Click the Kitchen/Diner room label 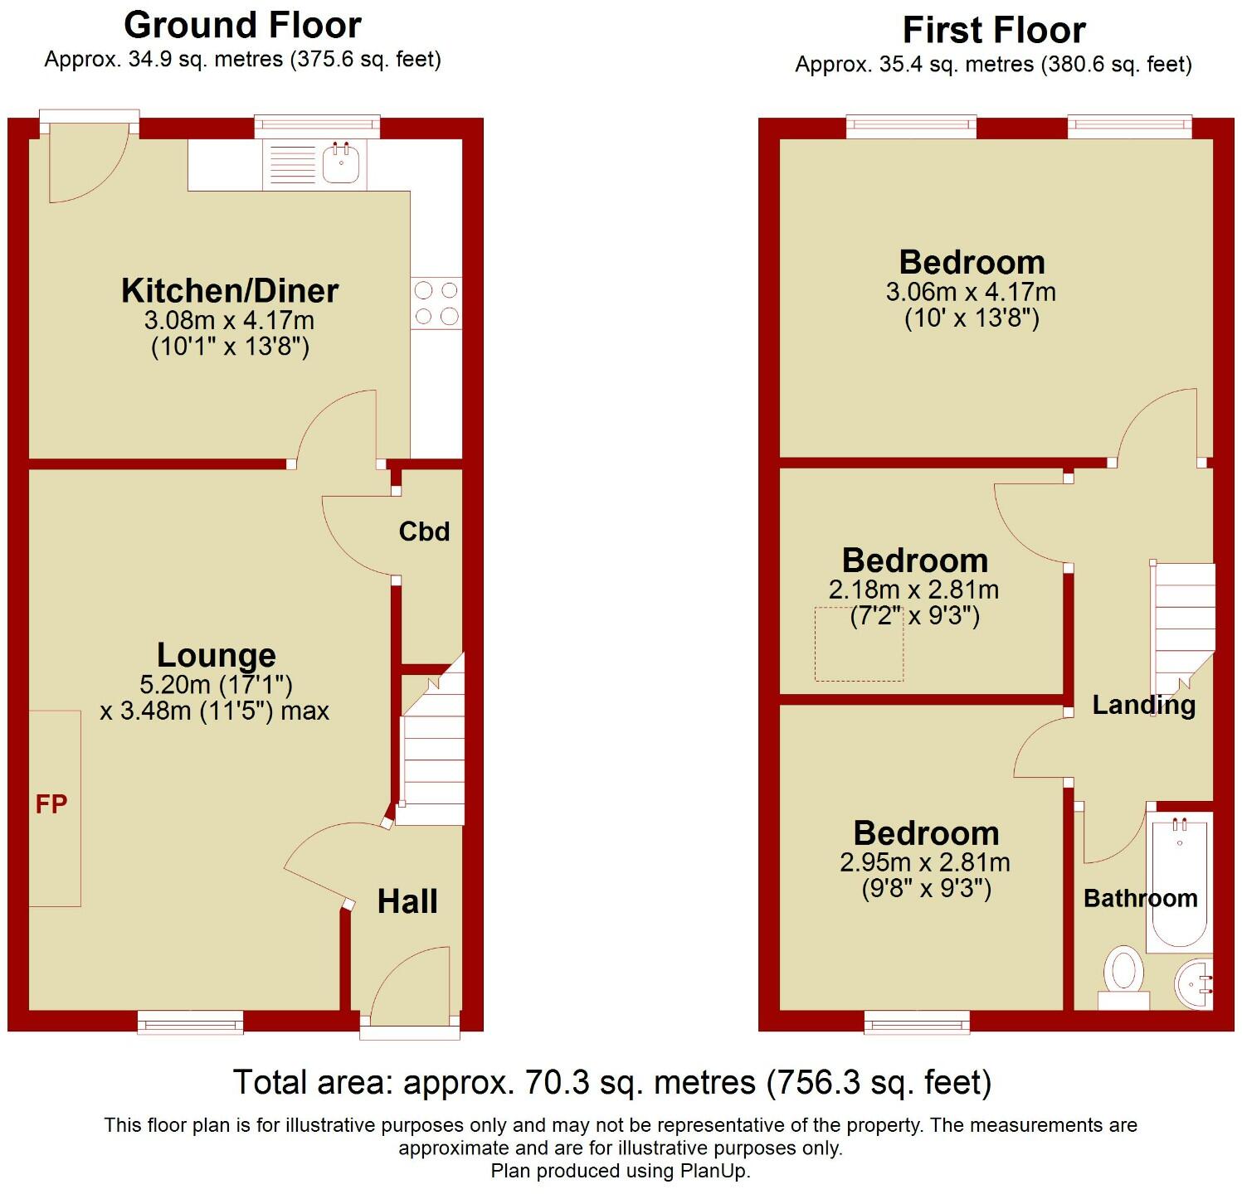point(230,291)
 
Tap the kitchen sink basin point(340,163)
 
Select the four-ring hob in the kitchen point(436,303)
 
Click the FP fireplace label point(51,803)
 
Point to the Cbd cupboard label point(424,531)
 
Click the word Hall point(407,901)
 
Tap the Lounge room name point(217,655)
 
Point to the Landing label point(1143,705)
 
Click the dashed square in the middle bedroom point(859,644)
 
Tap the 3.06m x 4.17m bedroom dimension point(971,292)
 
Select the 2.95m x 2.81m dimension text point(925,862)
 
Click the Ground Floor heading point(242,26)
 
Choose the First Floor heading point(993,31)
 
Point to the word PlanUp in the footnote point(709,1171)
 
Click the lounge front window point(191,1022)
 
